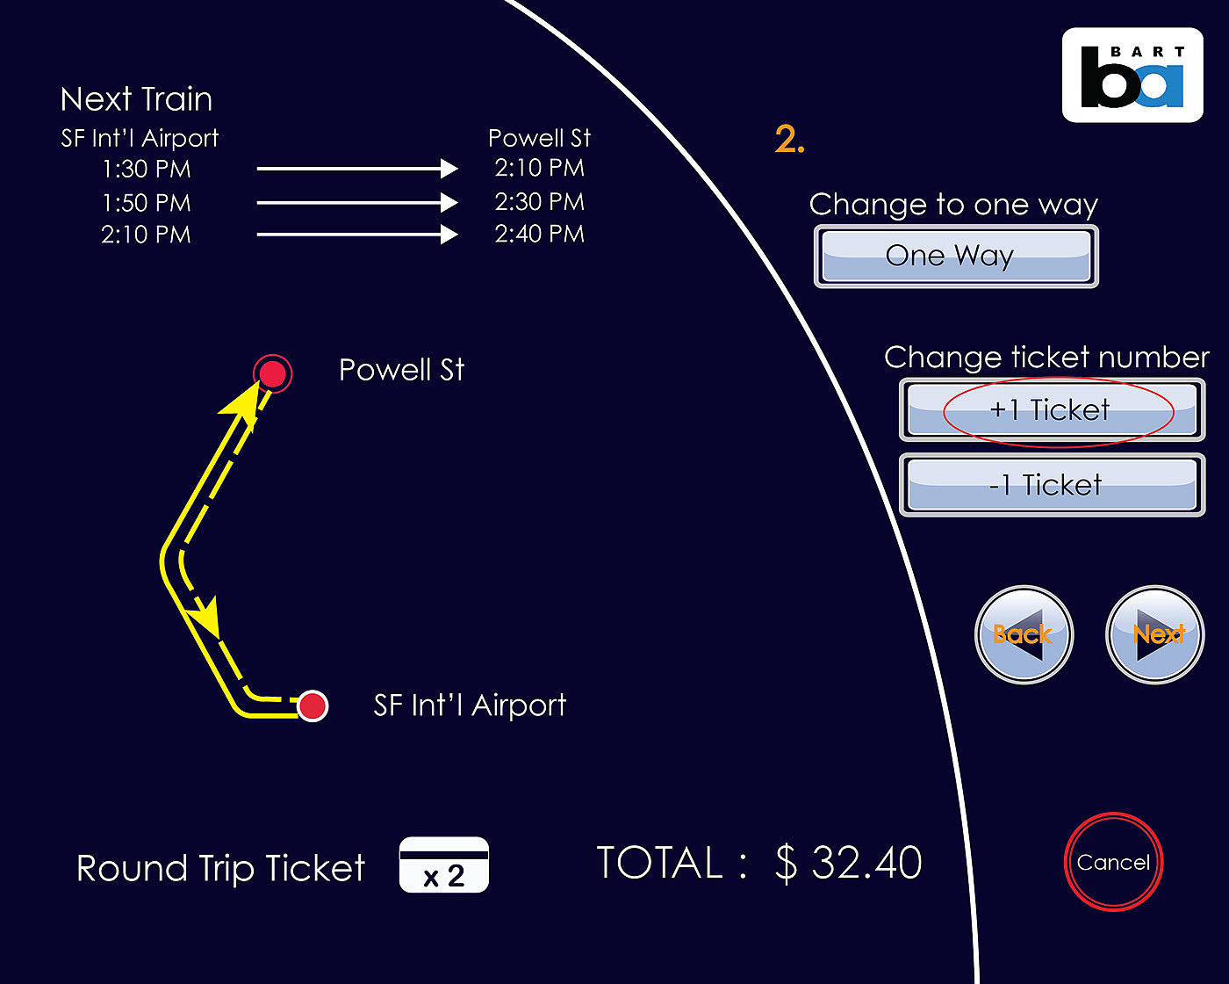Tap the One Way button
(x=956, y=257)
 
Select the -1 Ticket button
(x=1052, y=485)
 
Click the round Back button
(x=1024, y=634)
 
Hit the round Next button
(x=1155, y=634)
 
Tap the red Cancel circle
(x=1113, y=862)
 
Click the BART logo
(x=1132, y=76)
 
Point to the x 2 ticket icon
(x=444, y=865)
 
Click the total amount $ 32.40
(x=848, y=863)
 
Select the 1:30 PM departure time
(x=147, y=169)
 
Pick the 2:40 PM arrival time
(x=539, y=234)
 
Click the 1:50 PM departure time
(x=147, y=203)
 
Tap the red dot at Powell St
(x=273, y=374)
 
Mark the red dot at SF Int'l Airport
(x=313, y=705)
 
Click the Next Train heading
(x=136, y=99)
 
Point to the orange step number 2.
(x=789, y=140)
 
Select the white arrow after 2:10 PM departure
(x=357, y=235)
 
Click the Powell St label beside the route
(x=401, y=370)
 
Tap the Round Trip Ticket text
(x=220, y=868)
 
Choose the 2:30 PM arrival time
(x=539, y=202)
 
